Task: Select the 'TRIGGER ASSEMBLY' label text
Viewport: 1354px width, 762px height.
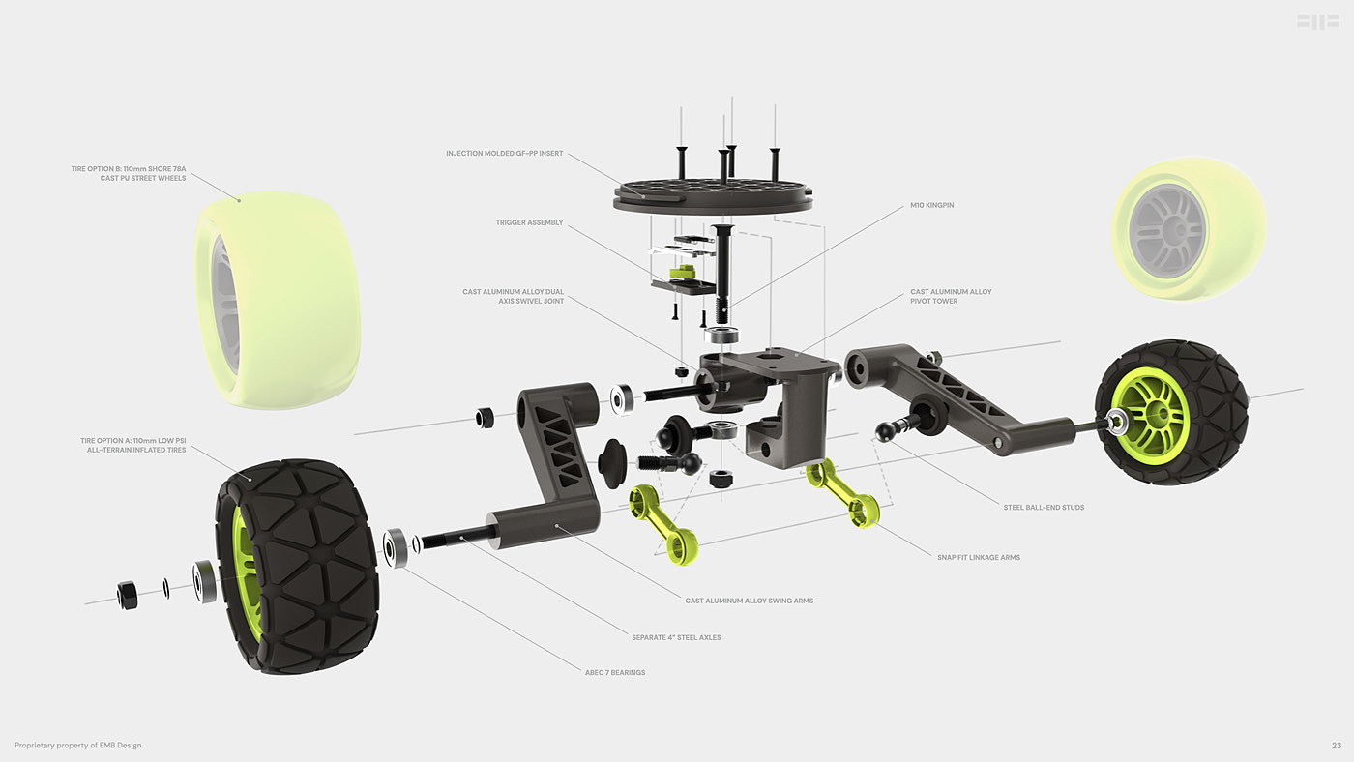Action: click(529, 222)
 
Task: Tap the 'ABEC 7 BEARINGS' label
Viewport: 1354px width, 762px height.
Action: click(614, 672)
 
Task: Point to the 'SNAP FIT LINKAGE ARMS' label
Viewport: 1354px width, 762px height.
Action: click(979, 557)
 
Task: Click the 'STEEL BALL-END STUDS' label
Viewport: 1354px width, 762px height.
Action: click(1044, 507)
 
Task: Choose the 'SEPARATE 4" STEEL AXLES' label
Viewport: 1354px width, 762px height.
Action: click(675, 637)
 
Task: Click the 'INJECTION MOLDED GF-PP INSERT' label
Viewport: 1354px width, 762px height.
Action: click(504, 153)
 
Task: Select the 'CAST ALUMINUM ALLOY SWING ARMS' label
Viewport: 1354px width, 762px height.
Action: click(749, 601)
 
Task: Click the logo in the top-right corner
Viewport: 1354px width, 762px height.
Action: click(1317, 21)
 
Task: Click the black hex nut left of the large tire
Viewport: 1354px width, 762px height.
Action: click(126, 595)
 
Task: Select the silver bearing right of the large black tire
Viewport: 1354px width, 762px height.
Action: click(396, 548)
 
